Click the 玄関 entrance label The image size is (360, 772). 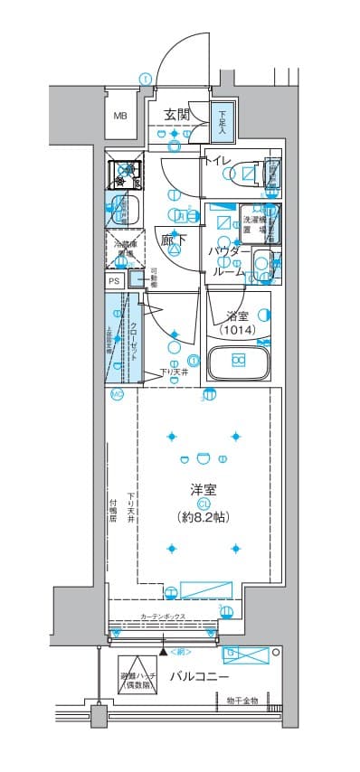pyautogui.click(x=175, y=114)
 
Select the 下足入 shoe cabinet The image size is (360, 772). pyautogui.click(x=223, y=119)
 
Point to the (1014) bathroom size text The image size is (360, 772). pyautogui.click(x=235, y=331)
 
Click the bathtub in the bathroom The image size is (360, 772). pyautogui.click(x=238, y=362)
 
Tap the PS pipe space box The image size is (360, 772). pyautogui.click(x=114, y=281)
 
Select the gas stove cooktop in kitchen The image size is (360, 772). pyautogui.click(x=125, y=170)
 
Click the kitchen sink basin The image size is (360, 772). pyautogui.click(x=123, y=210)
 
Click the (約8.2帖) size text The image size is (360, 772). pyautogui.click(x=203, y=517)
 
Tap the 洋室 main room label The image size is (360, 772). pyautogui.click(x=202, y=489)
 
